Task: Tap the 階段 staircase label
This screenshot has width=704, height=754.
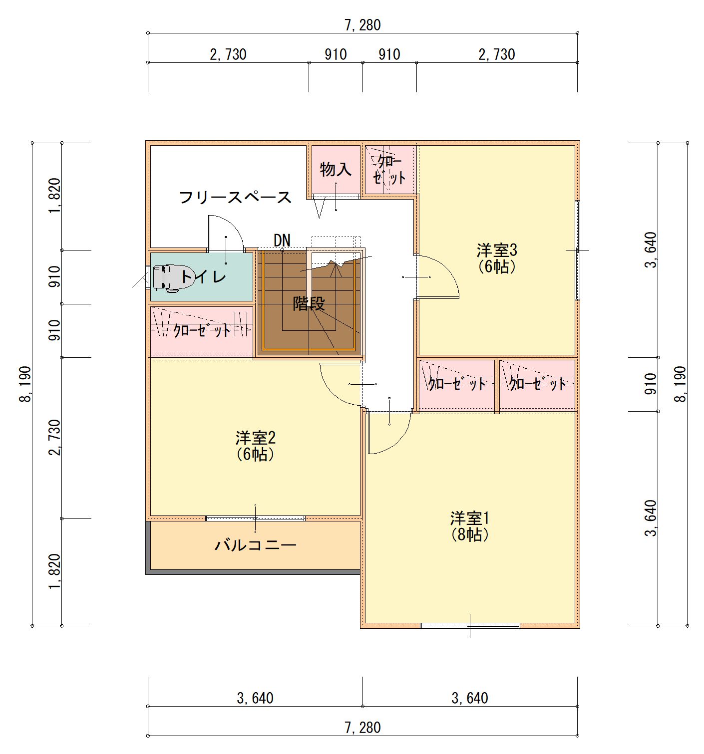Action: (309, 303)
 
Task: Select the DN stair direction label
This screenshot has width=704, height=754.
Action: (282, 241)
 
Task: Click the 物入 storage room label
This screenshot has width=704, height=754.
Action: (336, 169)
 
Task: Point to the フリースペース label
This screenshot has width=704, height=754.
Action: (235, 198)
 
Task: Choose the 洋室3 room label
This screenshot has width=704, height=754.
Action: (497, 251)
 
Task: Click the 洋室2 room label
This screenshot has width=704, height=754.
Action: (255, 438)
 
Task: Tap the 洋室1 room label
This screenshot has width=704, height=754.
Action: (470, 518)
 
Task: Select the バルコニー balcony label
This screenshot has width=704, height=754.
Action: (255, 545)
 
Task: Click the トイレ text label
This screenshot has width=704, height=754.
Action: (203, 276)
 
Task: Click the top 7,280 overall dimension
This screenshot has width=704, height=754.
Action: (362, 25)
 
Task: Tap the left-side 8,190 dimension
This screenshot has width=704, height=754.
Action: (25, 384)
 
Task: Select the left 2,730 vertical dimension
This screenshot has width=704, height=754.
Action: (55, 437)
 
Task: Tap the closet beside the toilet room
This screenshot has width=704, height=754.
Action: (201, 330)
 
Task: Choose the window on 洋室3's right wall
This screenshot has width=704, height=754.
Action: (577, 251)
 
